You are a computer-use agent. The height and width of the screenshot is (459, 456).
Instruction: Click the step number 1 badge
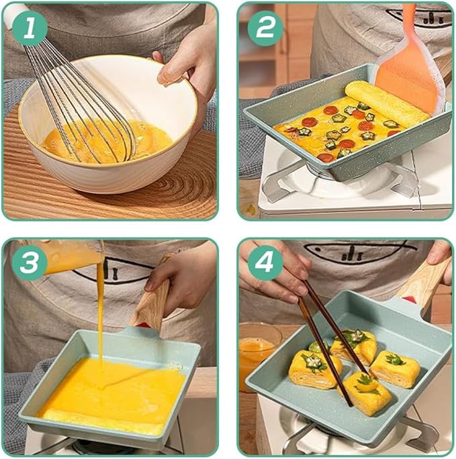pos(30,28)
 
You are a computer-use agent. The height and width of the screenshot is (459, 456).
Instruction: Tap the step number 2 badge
pos(265,28)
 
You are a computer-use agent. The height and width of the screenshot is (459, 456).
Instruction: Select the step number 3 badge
pos(30,262)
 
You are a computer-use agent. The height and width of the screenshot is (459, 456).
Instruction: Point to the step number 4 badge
pos(265,262)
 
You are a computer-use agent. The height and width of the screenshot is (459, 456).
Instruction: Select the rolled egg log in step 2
pos(387,99)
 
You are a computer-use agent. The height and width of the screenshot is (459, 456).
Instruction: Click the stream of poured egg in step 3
pos(101,322)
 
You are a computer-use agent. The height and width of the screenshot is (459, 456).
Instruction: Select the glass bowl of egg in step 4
pos(258,351)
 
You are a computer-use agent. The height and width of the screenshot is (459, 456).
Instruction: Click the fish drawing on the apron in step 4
pos(357,251)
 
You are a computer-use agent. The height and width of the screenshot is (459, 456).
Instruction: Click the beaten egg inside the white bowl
pos(105,140)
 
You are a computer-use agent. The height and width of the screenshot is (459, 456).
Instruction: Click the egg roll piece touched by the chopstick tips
pos(366,393)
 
